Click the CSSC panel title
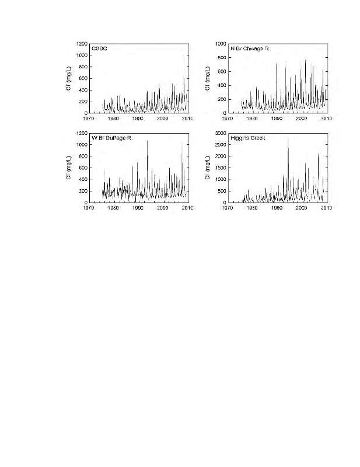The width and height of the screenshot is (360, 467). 99,48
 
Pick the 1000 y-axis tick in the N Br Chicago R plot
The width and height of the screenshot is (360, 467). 221,43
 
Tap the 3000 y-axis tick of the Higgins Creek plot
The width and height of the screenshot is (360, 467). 219,133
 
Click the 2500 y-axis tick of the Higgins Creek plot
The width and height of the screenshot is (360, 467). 219,145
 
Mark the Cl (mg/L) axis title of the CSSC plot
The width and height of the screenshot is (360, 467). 69,78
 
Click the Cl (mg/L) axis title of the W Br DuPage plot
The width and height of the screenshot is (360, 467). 69,168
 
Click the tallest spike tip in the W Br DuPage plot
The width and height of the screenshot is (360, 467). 147,141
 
